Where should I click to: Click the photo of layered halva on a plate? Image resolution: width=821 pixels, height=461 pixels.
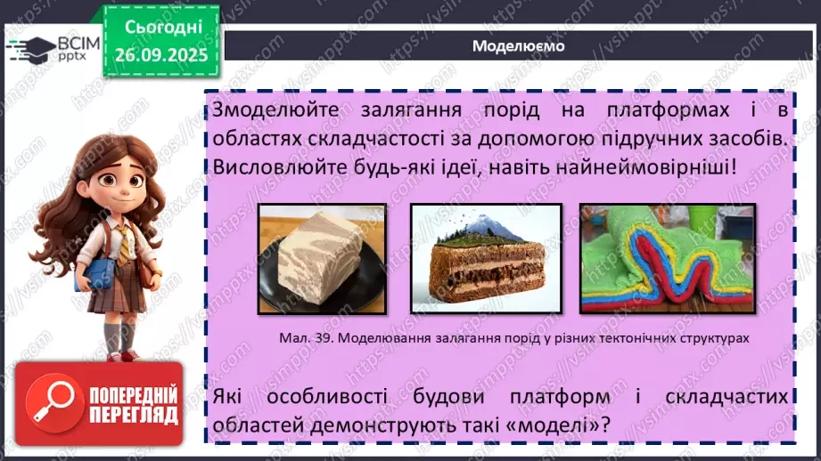(x=322, y=259)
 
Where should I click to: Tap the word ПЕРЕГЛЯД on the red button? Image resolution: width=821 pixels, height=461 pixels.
(x=134, y=416)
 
